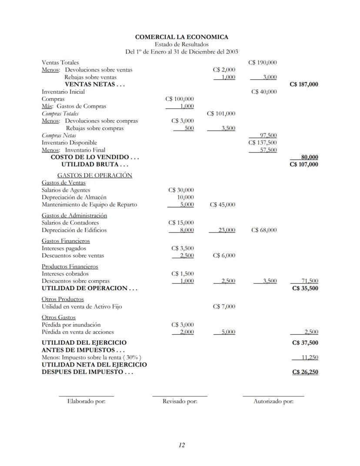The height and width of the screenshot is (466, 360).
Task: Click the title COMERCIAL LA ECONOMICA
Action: pos(181,37)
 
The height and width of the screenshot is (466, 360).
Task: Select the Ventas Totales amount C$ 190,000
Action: pos(263,63)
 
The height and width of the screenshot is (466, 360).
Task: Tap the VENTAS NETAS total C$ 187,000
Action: pos(303,84)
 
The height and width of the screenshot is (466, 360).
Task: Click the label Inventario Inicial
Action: pos(63,92)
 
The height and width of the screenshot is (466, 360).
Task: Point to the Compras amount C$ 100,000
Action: pos(180,99)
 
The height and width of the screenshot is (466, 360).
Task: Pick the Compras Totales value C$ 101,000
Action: pos(221,114)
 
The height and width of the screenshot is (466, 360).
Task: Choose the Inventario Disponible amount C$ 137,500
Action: pos(263,143)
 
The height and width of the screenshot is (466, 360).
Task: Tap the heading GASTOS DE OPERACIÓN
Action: pos(94,175)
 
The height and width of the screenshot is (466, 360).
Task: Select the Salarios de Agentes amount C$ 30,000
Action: pos(181,190)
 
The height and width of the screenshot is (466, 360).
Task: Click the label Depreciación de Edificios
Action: pos(74,230)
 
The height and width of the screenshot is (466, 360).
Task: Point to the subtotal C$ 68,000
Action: pos(263,230)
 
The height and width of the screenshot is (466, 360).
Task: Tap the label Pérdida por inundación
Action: pos(71,325)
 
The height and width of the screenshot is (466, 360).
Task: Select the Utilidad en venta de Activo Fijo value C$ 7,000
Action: pos(224,307)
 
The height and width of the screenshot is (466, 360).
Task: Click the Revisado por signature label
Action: pos(180,401)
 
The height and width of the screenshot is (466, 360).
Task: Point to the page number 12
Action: pos(182,445)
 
